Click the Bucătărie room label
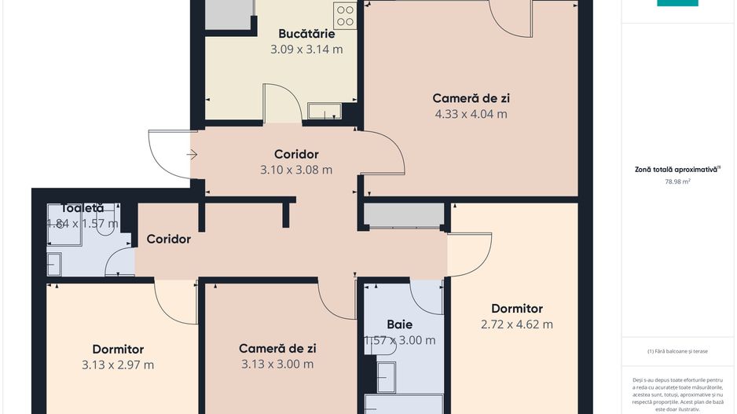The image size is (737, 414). point(306,34)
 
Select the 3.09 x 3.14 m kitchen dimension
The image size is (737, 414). point(306,49)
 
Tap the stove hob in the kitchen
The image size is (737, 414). point(345,16)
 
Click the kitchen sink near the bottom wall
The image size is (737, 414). point(324,111)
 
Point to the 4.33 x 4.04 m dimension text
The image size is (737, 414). point(471,113)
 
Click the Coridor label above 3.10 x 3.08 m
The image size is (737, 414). point(296,154)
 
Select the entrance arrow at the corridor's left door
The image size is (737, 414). point(192,155)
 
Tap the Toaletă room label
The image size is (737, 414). point(82,208)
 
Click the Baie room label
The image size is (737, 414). point(399,324)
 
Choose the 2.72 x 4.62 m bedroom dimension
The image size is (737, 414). point(516,324)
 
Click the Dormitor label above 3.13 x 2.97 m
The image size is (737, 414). point(118,349)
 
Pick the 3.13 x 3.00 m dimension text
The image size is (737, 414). point(277,364)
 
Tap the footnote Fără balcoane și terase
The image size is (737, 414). point(677,351)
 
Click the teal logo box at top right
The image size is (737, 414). point(677,3)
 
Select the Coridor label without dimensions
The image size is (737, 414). point(168,239)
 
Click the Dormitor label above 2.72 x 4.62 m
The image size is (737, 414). point(516,309)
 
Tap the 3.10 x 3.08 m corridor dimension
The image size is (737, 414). point(296,169)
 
